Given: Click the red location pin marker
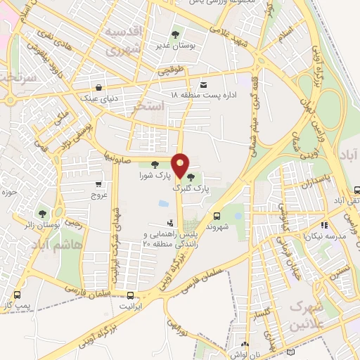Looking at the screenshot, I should click(x=180, y=165).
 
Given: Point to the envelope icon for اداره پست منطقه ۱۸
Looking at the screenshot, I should click(x=204, y=84).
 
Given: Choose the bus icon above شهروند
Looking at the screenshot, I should click(x=217, y=215).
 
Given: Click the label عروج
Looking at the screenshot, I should click(x=98, y=196).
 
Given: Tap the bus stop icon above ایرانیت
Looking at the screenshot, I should click(x=131, y=295).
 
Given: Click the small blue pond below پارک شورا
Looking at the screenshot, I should click(x=163, y=204).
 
